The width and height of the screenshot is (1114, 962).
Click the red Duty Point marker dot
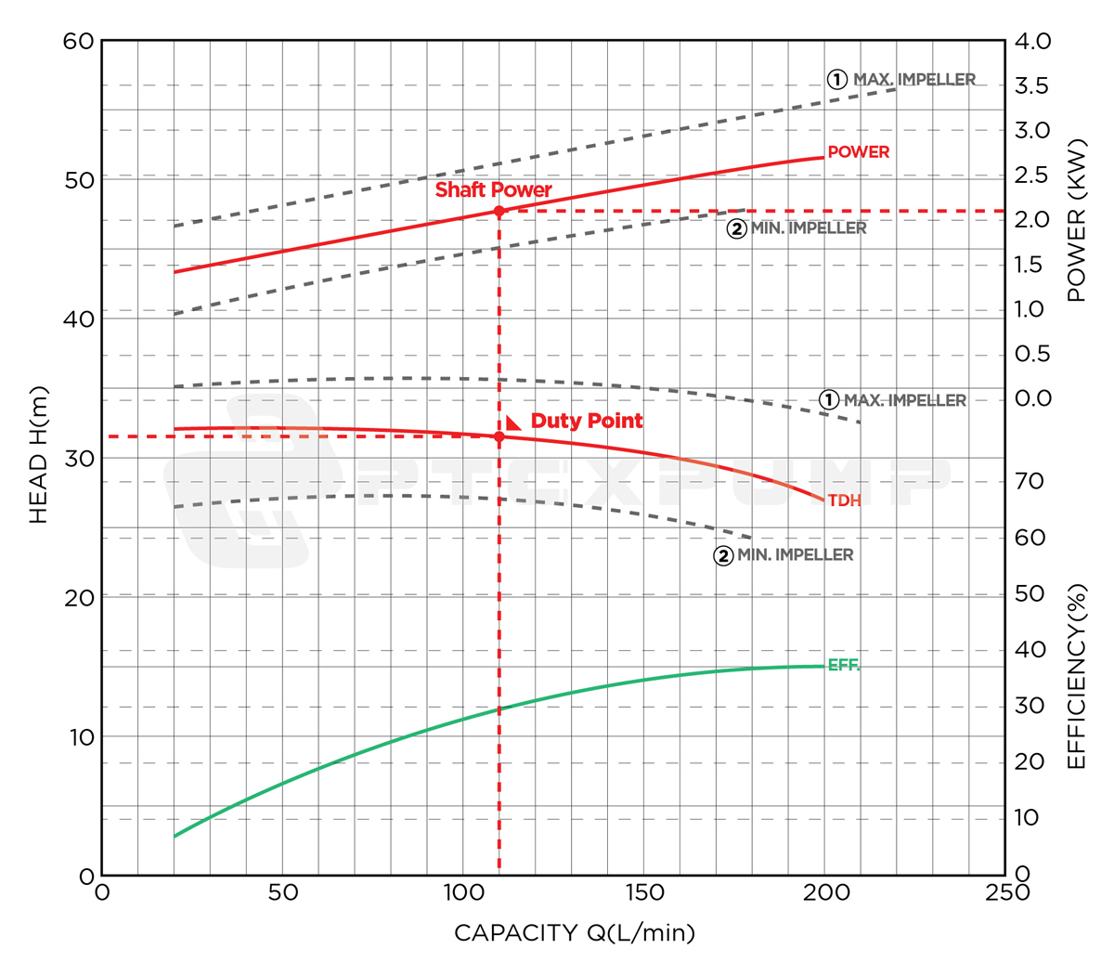click(499, 436)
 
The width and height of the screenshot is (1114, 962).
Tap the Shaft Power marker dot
click(499, 212)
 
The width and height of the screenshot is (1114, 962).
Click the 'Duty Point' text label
click(587, 421)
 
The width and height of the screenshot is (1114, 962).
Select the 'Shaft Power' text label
click(493, 189)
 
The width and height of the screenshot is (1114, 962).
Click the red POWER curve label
click(858, 151)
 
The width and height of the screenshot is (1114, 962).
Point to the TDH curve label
click(844, 500)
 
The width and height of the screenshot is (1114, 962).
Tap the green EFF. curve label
click(843, 666)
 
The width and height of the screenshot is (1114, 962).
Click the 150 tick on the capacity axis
click(644, 892)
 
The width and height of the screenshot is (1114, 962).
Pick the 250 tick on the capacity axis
click(1005, 892)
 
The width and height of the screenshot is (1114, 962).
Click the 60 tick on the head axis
click(79, 41)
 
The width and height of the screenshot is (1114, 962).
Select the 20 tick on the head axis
click(79, 597)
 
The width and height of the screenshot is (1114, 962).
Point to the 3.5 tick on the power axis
click(1032, 86)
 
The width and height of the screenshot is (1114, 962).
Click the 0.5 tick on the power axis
click(1032, 354)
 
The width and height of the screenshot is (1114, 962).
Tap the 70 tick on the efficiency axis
click(1029, 481)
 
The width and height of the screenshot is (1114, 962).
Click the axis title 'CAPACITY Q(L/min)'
click(574, 932)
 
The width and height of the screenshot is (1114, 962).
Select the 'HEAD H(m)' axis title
click(38, 455)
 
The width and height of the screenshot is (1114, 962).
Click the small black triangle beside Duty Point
click(512, 422)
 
